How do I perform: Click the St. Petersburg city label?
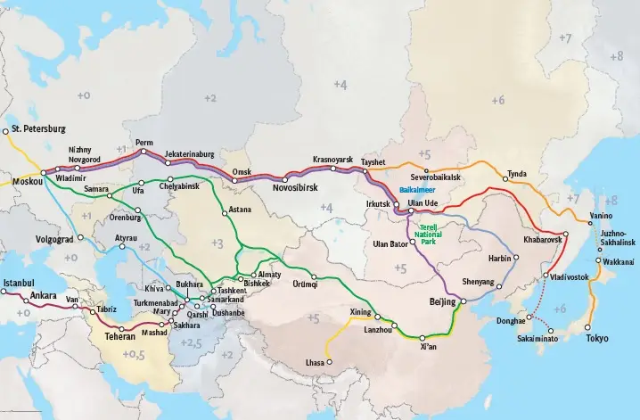[39, 129]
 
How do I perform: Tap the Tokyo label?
[597, 339]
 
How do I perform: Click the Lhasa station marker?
[329, 362]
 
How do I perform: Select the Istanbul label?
[18, 283]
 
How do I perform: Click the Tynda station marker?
[505, 179]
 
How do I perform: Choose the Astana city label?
[240, 210]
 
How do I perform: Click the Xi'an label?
[427, 348]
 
